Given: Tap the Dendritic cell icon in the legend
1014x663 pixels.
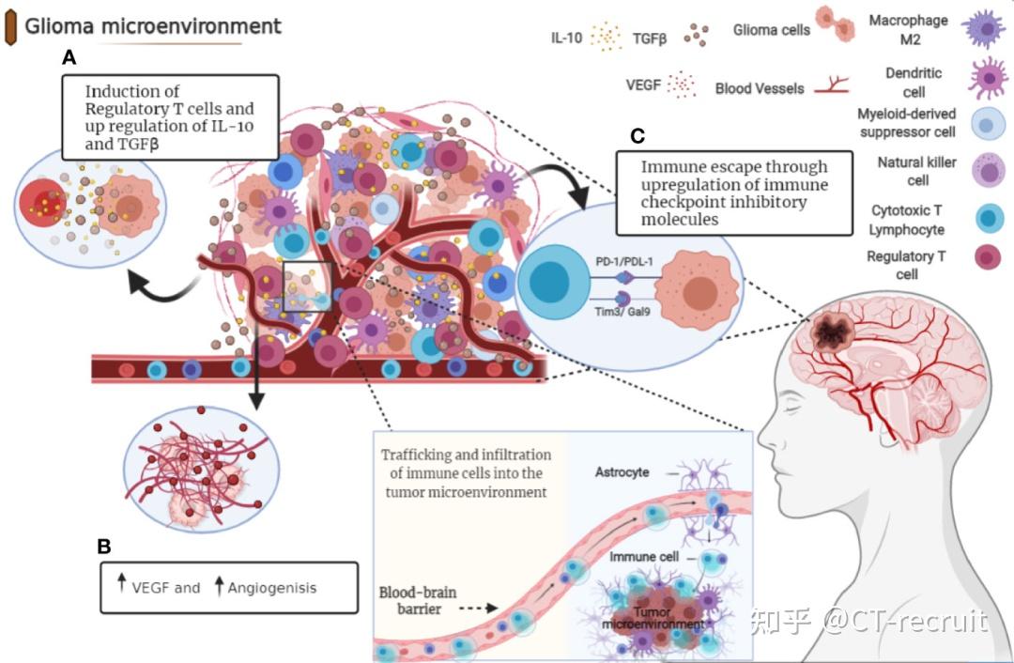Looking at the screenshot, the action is coord(987,78).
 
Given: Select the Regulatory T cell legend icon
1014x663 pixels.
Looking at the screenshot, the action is coord(988,257).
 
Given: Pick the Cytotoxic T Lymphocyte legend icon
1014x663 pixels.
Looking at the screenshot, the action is coord(989,218).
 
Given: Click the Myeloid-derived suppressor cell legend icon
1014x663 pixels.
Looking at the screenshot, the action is coord(988,124).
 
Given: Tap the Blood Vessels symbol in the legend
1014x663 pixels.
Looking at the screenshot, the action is coord(831,85).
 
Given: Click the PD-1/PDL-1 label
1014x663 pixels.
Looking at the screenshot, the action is coord(624,261).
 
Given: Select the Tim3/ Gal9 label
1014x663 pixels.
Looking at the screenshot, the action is coord(622,312).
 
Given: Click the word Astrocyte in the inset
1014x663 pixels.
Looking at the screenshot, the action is coord(622,471).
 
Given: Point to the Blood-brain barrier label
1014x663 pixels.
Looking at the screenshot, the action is coord(418,600).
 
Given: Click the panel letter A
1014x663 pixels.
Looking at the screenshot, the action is coord(69,57).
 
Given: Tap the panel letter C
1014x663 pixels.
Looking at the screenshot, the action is coord(638,136).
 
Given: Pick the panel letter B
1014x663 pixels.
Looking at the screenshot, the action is coord(103,547).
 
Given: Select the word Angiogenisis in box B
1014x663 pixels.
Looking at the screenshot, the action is coord(272,588).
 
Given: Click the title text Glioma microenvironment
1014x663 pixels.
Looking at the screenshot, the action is coord(153,26).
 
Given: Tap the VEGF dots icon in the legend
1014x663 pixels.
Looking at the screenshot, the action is coord(682,85).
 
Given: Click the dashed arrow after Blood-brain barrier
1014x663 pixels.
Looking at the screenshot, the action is coord(478,608).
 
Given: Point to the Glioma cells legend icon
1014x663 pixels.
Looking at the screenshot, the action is coord(835,23).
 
